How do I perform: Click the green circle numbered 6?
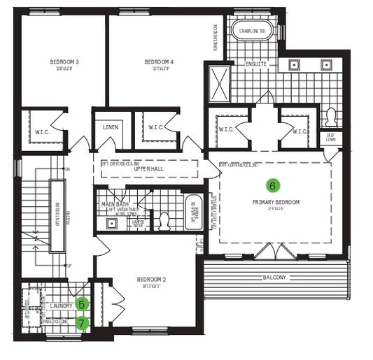(x=273, y=185)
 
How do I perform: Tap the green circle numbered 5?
(x=83, y=305)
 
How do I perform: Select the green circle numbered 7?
(x=83, y=323)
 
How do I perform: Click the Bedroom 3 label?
(x=64, y=62)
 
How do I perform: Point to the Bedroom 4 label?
(x=159, y=62)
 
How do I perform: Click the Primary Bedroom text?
(x=276, y=202)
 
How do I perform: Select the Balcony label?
(x=274, y=278)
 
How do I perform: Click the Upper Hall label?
(x=149, y=170)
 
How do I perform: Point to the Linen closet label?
(x=110, y=127)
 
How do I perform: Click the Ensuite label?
(x=255, y=64)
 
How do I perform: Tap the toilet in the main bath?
(x=165, y=221)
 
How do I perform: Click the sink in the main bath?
(x=111, y=224)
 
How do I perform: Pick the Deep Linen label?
(x=331, y=138)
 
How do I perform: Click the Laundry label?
(x=61, y=306)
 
